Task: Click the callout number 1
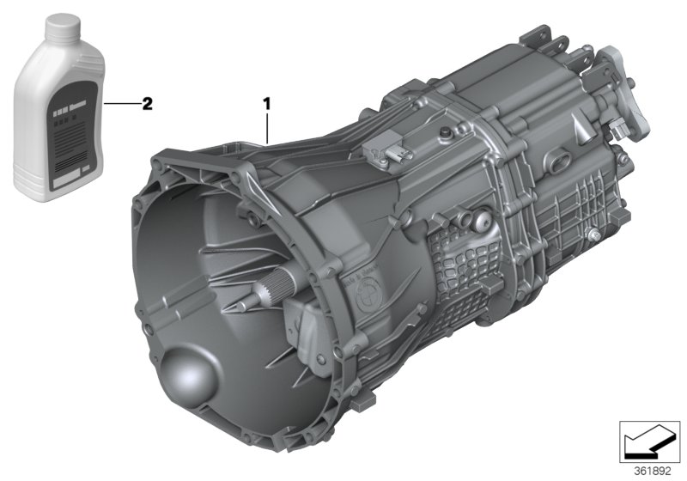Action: pyautogui.click(x=267, y=104)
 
